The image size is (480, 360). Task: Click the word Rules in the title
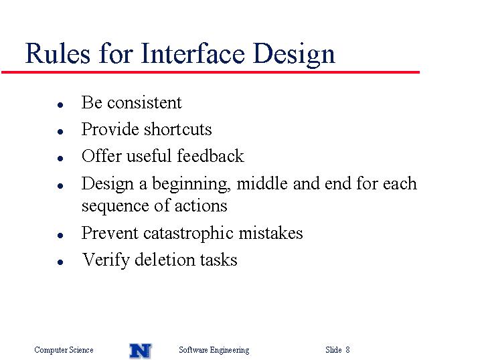coord(58,54)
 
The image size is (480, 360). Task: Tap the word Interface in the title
coord(193,54)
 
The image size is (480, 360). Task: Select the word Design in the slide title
coord(294,55)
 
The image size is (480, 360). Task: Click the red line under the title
coord(210,72)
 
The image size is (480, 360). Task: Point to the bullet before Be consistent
coord(60,105)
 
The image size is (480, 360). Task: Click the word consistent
coord(144,102)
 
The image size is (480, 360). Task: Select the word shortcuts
coord(177,129)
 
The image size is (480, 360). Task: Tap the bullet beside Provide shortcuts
coord(60,132)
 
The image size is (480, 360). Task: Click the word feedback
coord(210,156)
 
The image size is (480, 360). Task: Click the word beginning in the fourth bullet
coord(191,185)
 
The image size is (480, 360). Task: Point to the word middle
coord(262,183)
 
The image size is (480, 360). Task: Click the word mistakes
coord(270,233)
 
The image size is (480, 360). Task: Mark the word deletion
coord(165,260)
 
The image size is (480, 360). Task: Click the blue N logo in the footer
coord(140,351)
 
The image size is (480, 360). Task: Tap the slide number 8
coord(347,349)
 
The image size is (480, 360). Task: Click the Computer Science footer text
coord(64,350)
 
